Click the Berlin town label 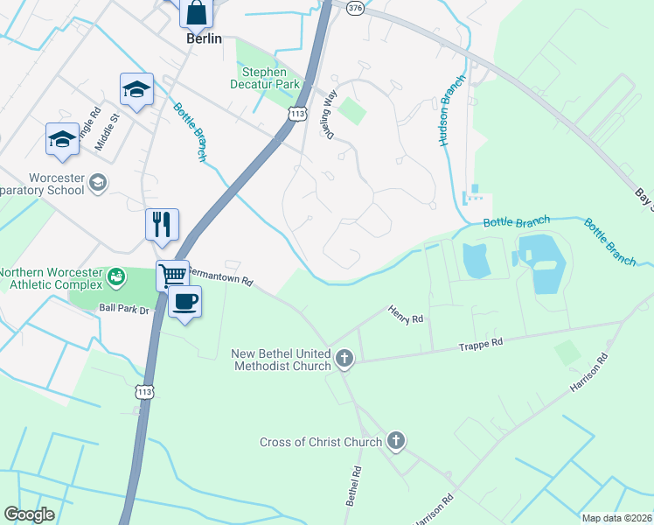coord(204,38)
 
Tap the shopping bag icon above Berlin coord(197,12)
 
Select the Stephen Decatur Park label coord(270,78)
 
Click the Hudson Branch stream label coord(446,120)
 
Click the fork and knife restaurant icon coord(162,224)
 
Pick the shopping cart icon coord(173,276)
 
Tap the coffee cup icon coord(185,303)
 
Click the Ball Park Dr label coord(125,308)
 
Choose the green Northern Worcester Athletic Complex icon coord(115,277)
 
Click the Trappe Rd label coord(481,346)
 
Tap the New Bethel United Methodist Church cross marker coord(344,358)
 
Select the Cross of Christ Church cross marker coord(396,441)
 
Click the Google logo coord(29,514)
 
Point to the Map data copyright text coord(617,518)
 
